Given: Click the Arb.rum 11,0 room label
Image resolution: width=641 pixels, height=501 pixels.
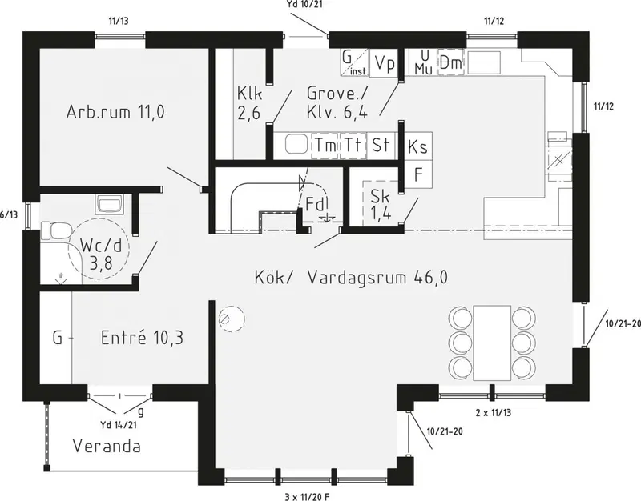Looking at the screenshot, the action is point(115,111).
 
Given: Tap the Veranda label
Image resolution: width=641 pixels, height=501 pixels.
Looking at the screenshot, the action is point(107,446).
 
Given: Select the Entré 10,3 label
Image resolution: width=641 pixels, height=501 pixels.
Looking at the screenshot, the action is point(142,338).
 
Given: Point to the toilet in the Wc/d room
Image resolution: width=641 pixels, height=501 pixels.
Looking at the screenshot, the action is point(55,230).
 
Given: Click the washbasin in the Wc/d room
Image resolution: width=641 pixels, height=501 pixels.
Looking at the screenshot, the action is point(109,204).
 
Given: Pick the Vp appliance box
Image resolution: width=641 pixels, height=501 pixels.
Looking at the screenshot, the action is point(385,63).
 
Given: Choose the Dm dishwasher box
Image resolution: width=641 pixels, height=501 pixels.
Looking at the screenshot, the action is point(451,62).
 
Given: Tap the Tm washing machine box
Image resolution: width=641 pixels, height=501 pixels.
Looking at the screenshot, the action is point(325,146).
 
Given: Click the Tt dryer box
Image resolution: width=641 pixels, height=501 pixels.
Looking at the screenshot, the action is point(353,146).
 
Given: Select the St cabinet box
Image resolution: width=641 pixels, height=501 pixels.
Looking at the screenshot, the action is point(381,146).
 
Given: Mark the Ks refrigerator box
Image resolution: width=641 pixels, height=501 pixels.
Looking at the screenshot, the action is point(418,146).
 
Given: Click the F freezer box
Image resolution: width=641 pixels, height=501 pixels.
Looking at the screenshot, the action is point(418,174).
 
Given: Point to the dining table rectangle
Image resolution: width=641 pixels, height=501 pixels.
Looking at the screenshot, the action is point(492,343).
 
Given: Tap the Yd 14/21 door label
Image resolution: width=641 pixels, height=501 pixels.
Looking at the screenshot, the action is point(119,425).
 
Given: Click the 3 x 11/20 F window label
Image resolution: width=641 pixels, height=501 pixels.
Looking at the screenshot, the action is point(307,496).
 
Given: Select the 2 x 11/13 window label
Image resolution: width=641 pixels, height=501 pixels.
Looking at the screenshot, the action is point(494,412).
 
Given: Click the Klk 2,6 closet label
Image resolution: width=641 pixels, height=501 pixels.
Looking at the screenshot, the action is point(249,103).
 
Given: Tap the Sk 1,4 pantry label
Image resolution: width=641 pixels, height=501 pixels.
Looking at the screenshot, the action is point(381,205).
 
